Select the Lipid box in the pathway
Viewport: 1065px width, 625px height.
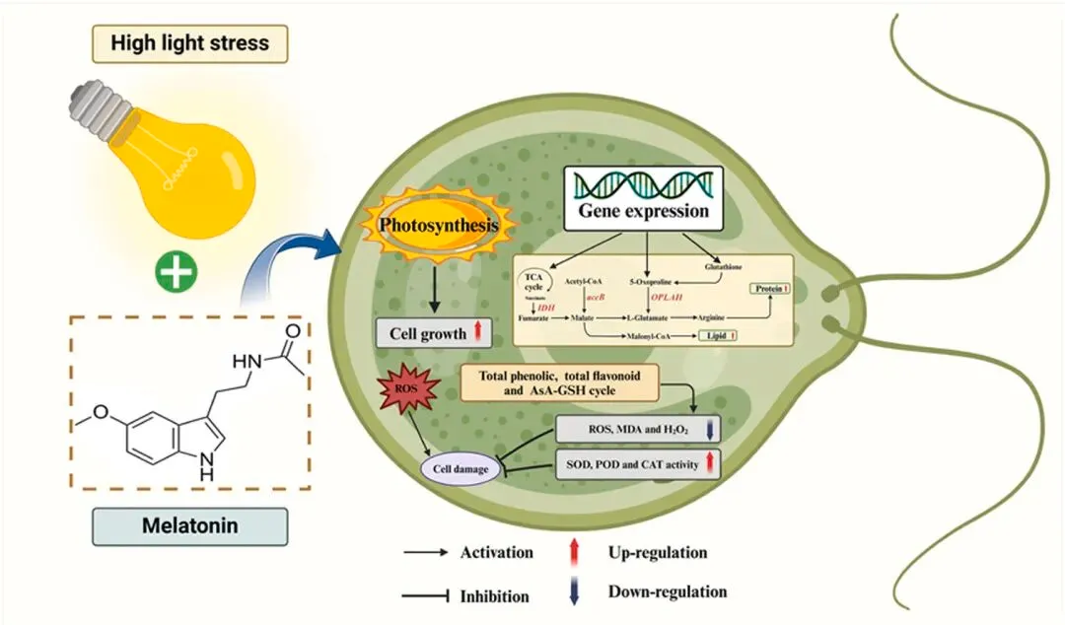(x=718, y=337)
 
